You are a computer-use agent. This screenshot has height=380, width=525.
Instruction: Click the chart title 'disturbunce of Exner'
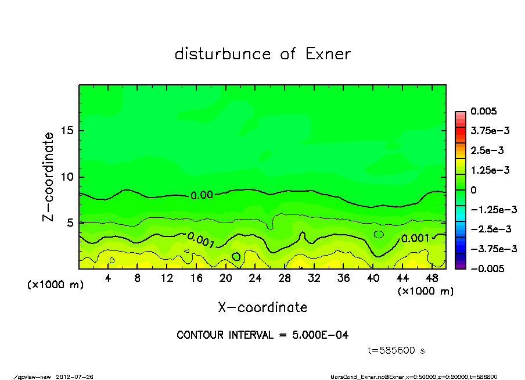coord(262,54)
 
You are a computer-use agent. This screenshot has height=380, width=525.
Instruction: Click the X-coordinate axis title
coord(262,307)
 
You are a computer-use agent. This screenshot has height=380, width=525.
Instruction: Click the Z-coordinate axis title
coord(48,177)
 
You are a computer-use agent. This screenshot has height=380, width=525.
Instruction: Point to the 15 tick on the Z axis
coord(67,131)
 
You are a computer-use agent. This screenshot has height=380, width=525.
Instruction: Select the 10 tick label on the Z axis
coord(67,177)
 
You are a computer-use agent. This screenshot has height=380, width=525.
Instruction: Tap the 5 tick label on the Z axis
coord(70,223)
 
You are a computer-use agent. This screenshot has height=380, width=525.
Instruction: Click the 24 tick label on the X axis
coord(255,278)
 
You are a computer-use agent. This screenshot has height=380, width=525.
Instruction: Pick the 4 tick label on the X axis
coord(108,278)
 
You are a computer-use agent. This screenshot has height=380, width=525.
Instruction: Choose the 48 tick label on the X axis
coord(431,278)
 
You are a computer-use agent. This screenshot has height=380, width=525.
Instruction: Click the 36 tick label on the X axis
coord(343,278)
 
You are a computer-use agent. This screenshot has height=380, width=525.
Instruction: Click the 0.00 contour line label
coord(202,196)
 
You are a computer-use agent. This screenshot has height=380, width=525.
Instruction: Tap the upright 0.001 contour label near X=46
coord(415,238)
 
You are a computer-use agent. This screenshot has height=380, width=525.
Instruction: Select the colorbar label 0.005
coord(484,111)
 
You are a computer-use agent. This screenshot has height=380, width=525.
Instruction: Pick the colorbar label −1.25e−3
coord(491,209)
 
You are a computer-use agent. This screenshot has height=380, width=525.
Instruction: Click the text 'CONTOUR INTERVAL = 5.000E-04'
coord(262,335)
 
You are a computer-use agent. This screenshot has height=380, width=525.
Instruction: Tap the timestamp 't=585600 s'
coord(397,350)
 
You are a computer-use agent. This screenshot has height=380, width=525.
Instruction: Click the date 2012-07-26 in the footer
coord(75,377)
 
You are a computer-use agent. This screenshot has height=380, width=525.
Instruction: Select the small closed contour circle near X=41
coord(379,234)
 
